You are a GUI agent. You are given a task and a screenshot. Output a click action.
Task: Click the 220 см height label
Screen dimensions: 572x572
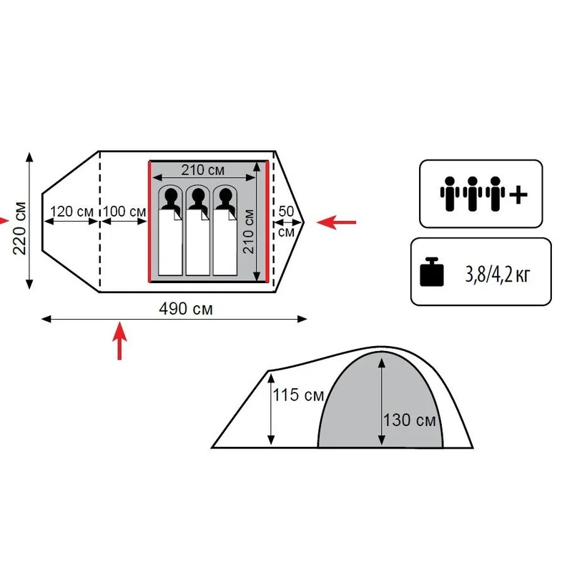(20, 227)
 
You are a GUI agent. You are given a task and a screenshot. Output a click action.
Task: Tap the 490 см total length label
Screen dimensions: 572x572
(186, 309)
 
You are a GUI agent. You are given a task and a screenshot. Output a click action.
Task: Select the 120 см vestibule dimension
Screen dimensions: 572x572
(71, 211)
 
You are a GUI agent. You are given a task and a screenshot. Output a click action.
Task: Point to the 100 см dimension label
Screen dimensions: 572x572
(124, 211)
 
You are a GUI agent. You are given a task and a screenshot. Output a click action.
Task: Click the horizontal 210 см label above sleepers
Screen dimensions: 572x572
(203, 169)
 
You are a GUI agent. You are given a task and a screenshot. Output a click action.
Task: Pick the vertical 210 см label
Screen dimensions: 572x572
(248, 231)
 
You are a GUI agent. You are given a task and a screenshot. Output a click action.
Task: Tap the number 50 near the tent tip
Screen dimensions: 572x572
(286, 211)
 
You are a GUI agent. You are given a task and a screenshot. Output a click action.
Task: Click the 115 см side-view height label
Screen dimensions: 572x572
(298, 395)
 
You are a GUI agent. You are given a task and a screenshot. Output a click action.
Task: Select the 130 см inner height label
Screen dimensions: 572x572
(409, 420)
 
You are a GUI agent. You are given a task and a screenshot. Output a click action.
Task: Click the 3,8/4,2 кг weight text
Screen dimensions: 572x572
(497, 275)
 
